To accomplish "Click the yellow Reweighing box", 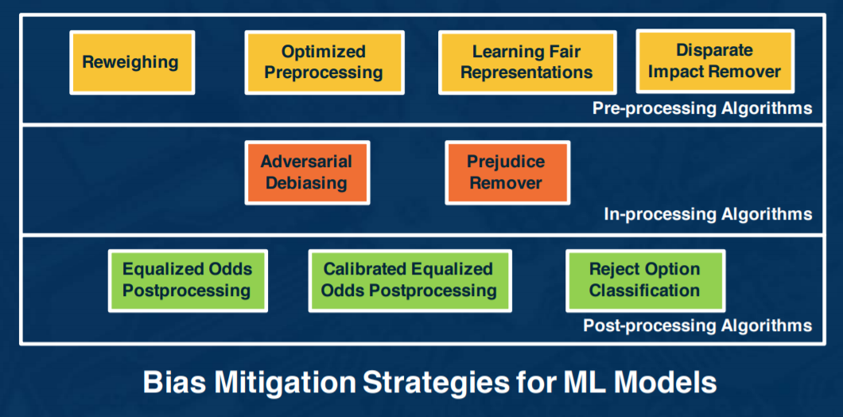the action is coord(132,62).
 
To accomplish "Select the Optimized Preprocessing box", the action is coord(324,62).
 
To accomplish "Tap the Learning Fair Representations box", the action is coord(526,62).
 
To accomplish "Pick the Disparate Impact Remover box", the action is coord(715,61).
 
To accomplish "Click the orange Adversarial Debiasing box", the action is coord(307,172).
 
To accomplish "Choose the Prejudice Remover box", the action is coord(507,172).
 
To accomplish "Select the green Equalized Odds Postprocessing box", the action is coord(188,280).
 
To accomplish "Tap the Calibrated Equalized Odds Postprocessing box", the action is coord(410,280).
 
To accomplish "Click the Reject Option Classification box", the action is coord(645,280).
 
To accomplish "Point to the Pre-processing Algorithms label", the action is coord(702,108).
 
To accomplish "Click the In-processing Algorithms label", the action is coord(708,215).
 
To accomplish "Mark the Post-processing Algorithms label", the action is coord(697,325).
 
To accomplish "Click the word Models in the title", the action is coord(668,382).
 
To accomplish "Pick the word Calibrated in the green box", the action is coord(363,269).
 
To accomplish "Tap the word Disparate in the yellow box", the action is coord(714,51).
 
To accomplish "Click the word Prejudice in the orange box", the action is coord(506,162).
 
